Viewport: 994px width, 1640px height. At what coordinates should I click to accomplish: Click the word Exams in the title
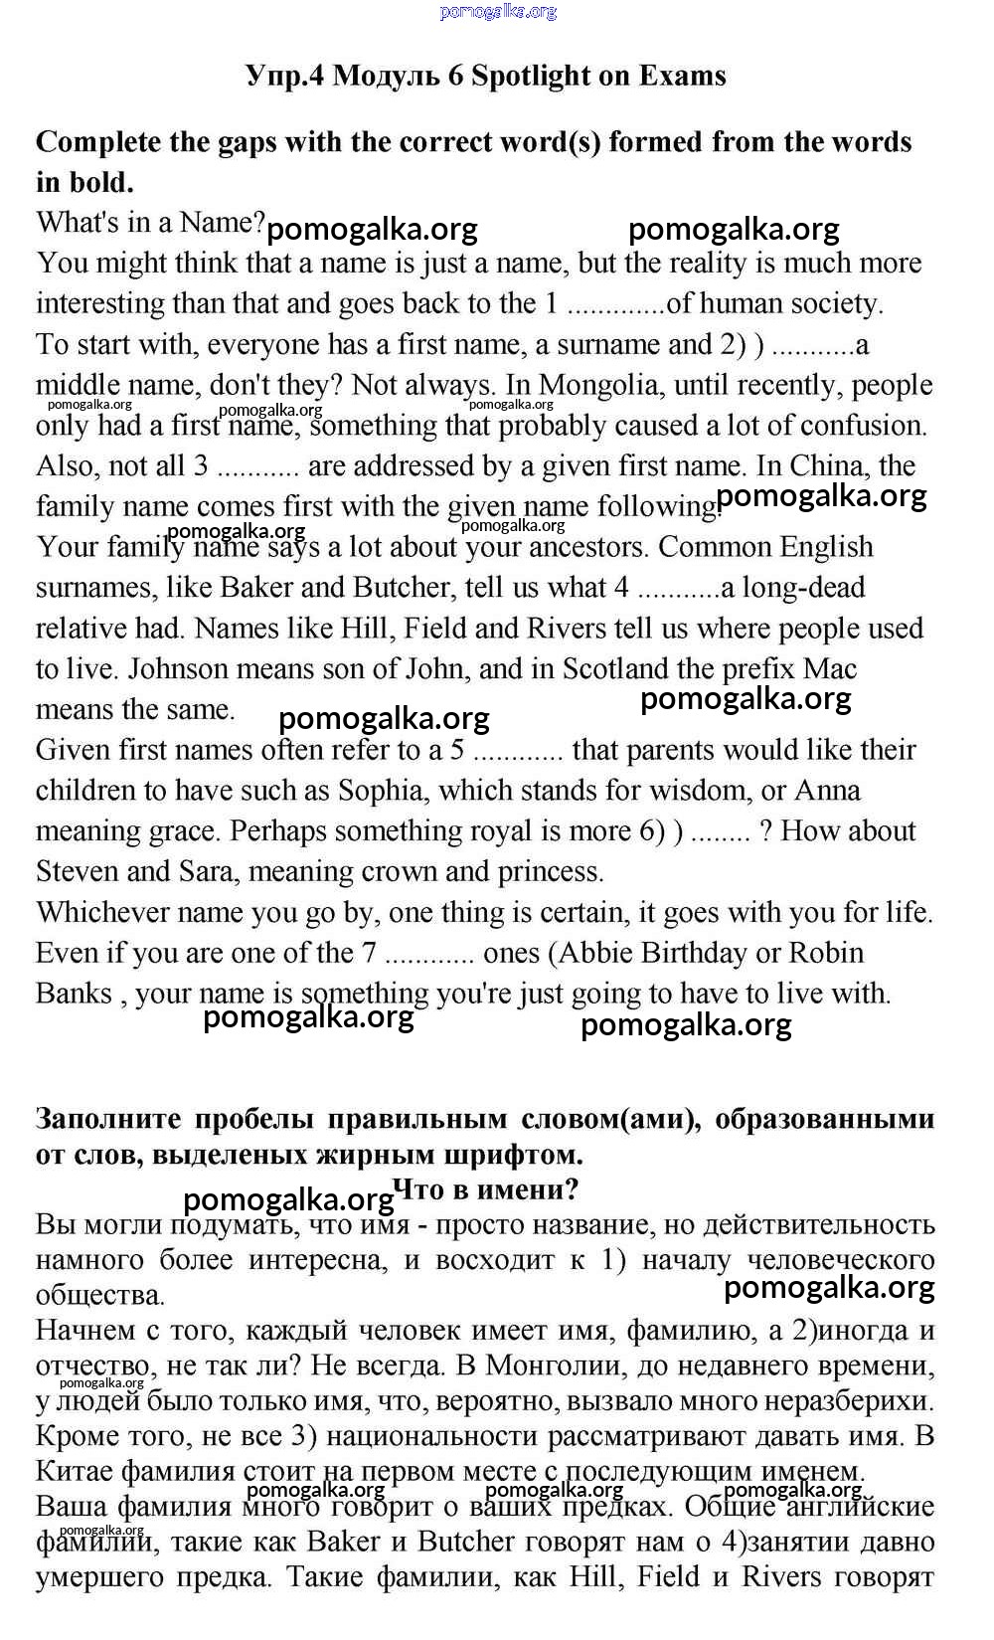coord(682,77)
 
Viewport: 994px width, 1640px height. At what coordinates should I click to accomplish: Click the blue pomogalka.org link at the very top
coord(497,12)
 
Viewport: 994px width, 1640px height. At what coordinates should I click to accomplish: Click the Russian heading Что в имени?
coord(486,1189)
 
